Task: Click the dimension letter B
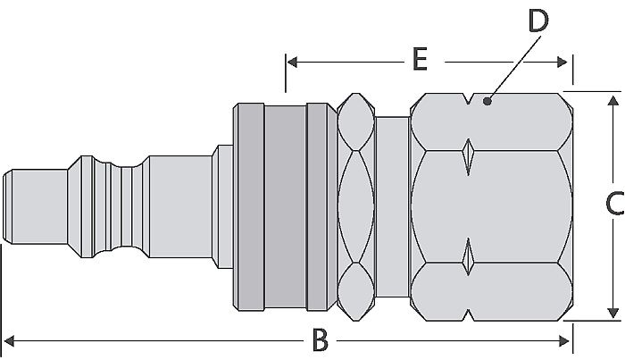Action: [320, 339]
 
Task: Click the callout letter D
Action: [537, 22]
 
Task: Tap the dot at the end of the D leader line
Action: [487, 102]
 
